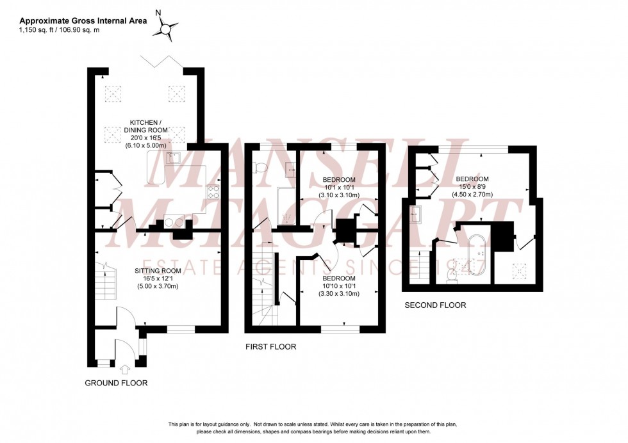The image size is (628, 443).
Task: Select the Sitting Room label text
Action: (158, 271)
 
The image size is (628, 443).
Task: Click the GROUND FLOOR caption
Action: (116, 383)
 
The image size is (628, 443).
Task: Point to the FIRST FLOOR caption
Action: (271, 346)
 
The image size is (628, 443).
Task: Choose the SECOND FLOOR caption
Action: (434, 305)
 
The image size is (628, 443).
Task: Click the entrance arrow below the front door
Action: (124, 369)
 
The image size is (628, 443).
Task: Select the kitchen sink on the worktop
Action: (171, 157)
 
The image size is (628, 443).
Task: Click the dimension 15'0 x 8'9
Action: (472, 188)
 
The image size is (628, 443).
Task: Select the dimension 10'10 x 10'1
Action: (339, 286)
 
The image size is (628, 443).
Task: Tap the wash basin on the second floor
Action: (415, 214)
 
